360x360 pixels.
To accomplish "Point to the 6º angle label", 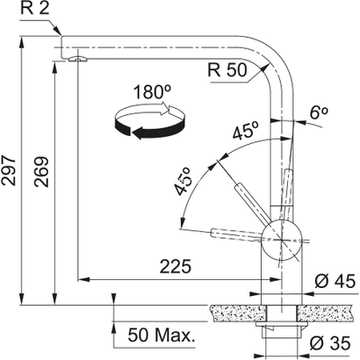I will pos(319,112).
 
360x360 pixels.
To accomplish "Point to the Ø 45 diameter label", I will pos(331,281).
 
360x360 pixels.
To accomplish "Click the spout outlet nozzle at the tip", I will pos(77,59).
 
